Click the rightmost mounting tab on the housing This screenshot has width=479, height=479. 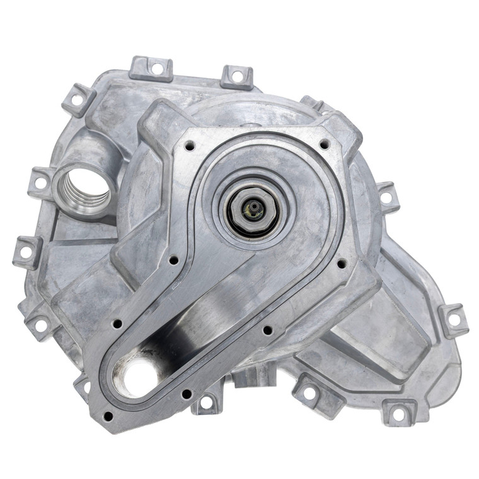pyautogui.click(x=453, y=319)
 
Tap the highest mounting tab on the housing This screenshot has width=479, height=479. pyautogui.click(x=150, y=69)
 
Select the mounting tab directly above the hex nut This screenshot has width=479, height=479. pyautogui.click(x=236, y=76)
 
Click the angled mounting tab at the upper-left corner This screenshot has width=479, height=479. pyautogui.click(x=78, y=99)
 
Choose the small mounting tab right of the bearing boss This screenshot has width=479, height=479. pyautogui.click(x=386, y=197)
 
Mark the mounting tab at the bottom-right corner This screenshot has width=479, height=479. pyautogui.click(x=398, y=413)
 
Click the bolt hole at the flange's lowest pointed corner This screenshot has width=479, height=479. pyautogui.click(x=108, y=416)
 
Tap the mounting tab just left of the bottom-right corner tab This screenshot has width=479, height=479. pyautogui.click(x=308, y=392)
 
